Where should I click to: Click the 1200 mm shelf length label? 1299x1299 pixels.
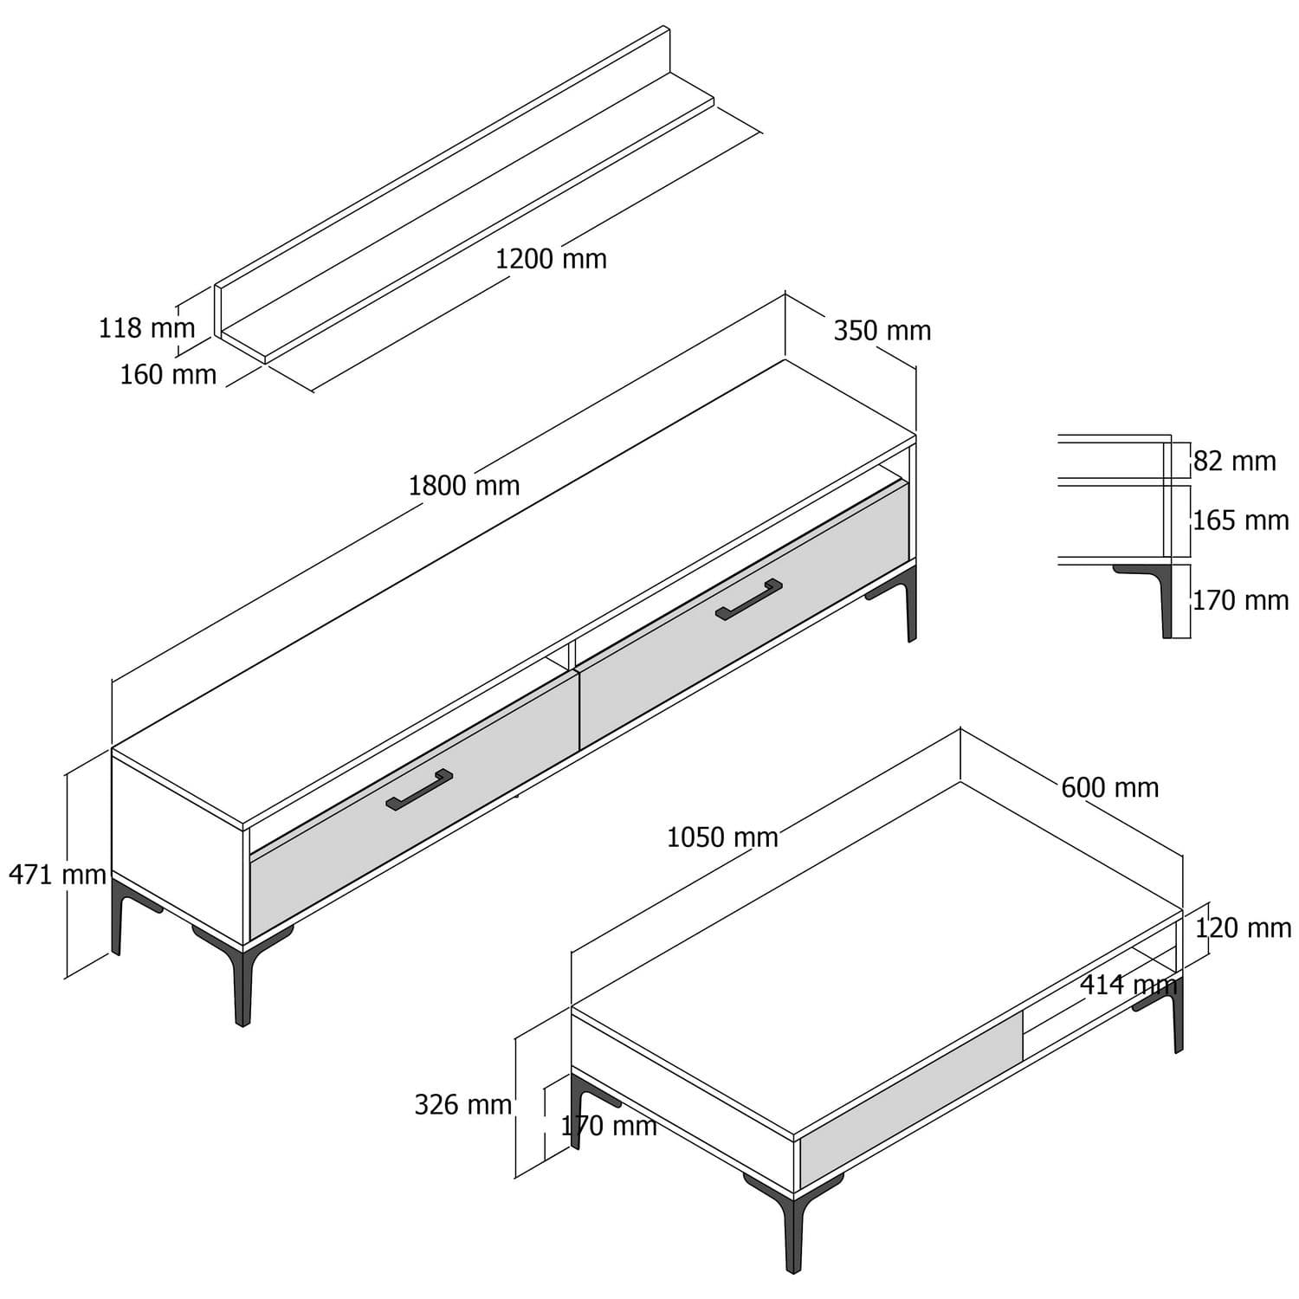(x=551, y=259)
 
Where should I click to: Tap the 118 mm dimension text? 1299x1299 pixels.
(x=146, y=328)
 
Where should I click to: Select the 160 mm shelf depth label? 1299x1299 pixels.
(x=168, y=375)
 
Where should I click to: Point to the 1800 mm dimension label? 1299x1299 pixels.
(x=464, y=486)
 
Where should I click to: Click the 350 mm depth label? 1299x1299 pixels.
(x=882, y=331)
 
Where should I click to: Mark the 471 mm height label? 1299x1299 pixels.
(x=57, y=875)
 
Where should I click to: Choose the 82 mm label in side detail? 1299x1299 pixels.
(x=1234, y=462)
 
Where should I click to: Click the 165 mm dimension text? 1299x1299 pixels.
(x=1240, y=520)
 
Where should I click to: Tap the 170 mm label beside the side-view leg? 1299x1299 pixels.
(x=1240, y=600)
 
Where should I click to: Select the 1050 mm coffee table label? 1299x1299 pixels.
(x=722, y=837)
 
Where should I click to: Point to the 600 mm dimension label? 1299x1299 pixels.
(x=1109, y=788)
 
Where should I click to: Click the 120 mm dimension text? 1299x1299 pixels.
(x=1243, y=928)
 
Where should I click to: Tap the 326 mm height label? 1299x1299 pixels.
(x=462, y=1105)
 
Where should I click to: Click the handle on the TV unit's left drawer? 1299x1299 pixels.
(x=419, y=790)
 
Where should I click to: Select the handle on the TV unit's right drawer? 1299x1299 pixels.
(x=749, y=599)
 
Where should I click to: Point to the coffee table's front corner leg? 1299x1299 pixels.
(x=791, y=1230)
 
